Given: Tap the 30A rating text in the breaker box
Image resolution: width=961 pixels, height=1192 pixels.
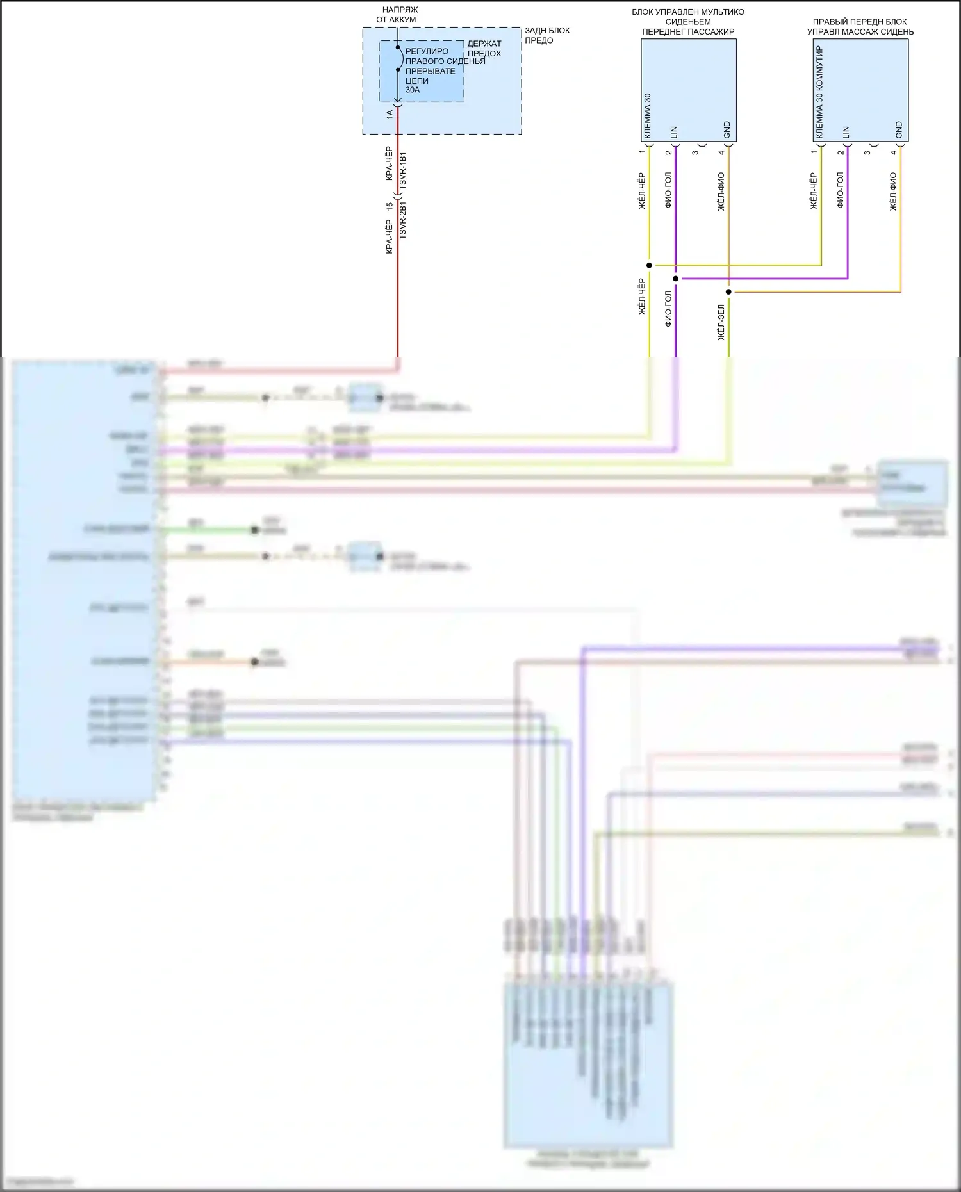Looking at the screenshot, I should tap(413, 90).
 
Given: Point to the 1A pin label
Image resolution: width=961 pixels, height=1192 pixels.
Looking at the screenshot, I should tap(390, 114).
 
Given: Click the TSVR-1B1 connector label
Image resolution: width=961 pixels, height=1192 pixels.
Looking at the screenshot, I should tap(403, 170).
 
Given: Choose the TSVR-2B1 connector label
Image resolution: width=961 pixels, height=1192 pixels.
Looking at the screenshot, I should tap(403, 220).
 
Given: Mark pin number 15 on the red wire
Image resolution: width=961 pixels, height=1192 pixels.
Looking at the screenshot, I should tap(390, 207).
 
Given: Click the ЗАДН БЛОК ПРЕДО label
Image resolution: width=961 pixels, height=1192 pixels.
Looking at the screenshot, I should tap(546, 35).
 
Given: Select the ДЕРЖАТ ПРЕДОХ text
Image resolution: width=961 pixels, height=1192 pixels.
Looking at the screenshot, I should tap(484, 49).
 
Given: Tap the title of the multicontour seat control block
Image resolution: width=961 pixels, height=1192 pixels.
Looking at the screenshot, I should tap(688, 22).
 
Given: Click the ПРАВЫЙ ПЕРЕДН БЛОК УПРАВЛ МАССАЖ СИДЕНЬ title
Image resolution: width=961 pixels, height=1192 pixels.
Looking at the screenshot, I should tap(860, 27).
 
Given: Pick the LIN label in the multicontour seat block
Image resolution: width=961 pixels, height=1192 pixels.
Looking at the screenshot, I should tap(674, 133).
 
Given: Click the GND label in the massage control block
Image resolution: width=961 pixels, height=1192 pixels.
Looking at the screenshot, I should tap(899, 130).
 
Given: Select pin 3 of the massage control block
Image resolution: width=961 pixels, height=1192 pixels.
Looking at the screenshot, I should tap(867, 152).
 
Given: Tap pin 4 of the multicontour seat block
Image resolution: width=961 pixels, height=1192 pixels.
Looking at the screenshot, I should tap(721, 152).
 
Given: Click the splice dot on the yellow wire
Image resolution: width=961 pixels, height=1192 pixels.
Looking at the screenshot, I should tap(649, 265).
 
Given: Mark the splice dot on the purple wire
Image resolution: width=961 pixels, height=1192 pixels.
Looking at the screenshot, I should tap(675, 279).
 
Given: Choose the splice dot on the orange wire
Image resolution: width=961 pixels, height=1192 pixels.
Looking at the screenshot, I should tap(728, 292).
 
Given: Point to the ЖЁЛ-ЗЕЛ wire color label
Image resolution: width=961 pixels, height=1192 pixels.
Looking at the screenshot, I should tap(721, 322).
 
